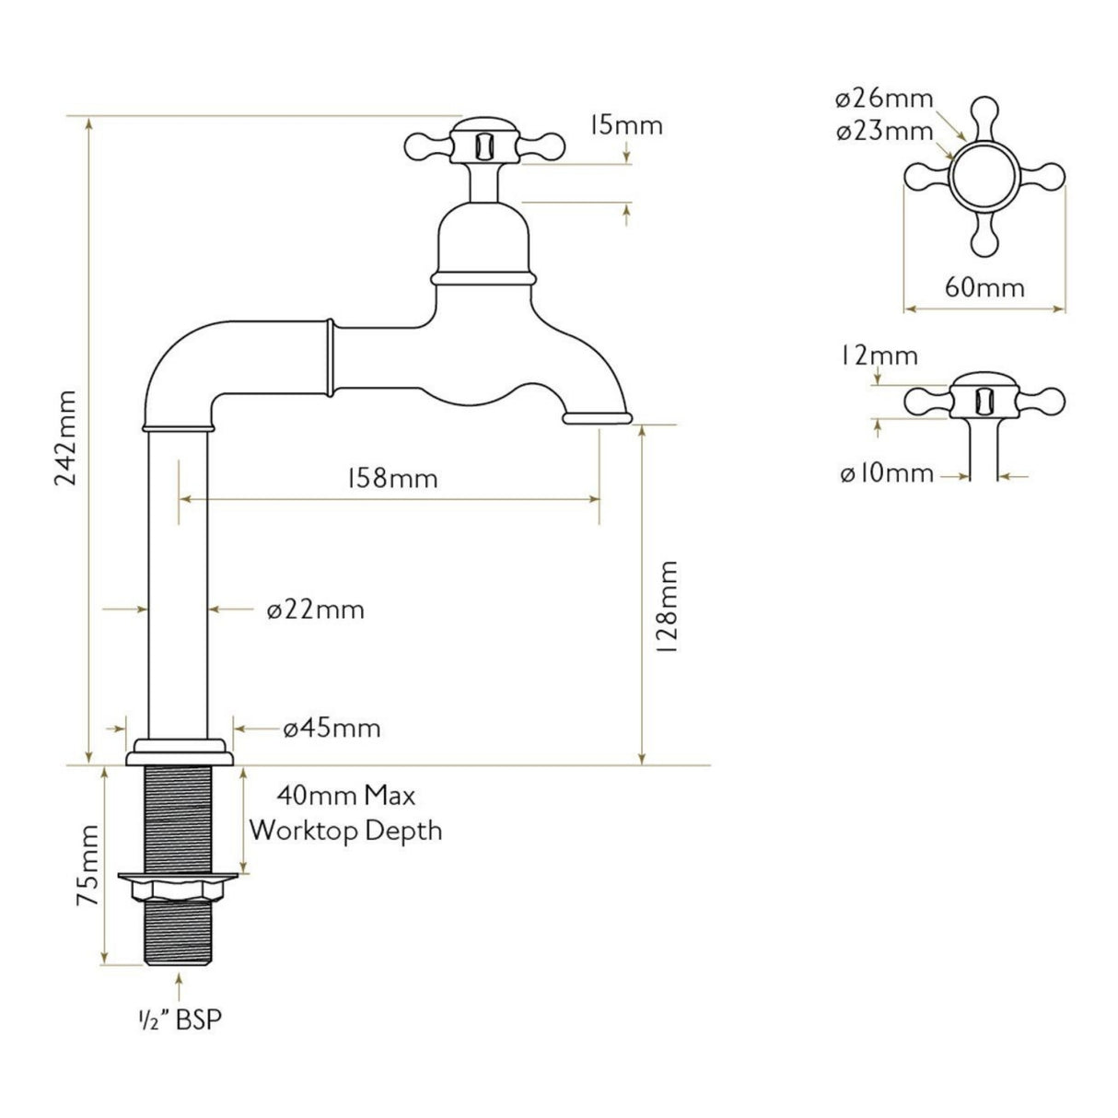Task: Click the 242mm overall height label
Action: tap(65, 440)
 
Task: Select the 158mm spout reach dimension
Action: tap(391, 479)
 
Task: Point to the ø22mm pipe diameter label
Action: tap(315, 610)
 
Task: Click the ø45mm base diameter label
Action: tap(332, 728)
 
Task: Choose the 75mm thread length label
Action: tap(87, 879)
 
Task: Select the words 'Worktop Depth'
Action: tap(345, 830)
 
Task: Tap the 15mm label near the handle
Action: tap(625, 124)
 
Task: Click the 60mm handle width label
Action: tap(984, 287)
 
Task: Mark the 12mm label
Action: tap(879, 355)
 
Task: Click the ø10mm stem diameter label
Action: tap(886, 474)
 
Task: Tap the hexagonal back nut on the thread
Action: tap(180, 890)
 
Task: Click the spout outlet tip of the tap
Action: tap(598, 419)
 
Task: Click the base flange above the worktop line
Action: tap(180, 751)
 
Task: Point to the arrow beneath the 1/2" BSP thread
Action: tap(180, 988)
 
